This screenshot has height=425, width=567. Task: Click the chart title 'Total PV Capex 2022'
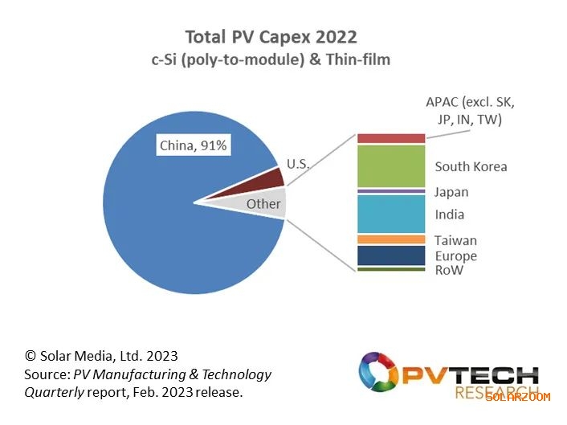coord(271,37)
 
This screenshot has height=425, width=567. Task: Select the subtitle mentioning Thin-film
coord(271,59)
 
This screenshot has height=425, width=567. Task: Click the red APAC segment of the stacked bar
coord(390,138)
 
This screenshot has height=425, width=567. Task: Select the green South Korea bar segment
coord(390,166)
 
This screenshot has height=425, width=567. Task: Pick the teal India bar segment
coord(390,214)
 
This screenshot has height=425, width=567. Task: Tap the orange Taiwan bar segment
coord(390,239)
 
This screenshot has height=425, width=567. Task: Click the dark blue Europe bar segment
coord(390,255)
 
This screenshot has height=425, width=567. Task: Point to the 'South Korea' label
coord(471,166)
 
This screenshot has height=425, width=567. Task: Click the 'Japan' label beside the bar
coord(451,192)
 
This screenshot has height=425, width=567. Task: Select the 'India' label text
coord(449,215)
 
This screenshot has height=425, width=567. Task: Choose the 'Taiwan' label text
coord(455,240)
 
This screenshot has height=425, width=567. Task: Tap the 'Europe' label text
coord(455,256)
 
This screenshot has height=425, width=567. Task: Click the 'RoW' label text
coord(449,271)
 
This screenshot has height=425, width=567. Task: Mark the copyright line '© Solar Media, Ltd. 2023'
coord(100,355)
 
